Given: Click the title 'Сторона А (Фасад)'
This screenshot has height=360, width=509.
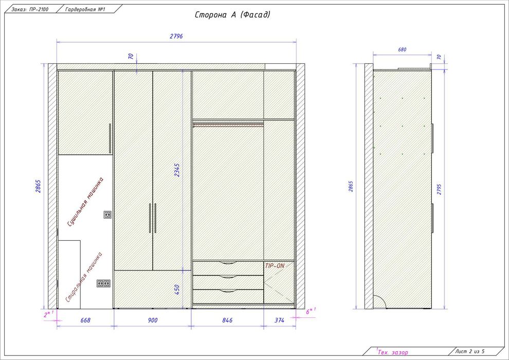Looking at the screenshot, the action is tap(232, 14).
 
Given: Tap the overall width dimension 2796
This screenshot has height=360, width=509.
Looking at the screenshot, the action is tap(176, 36).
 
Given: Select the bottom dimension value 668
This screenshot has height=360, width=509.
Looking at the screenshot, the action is tap(85, 320).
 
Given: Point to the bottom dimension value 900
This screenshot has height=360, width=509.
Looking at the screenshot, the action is tap(153, 320).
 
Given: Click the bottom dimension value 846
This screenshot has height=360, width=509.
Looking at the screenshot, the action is tap(227, 320).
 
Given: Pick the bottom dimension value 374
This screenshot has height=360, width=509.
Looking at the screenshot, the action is tap(279, 320).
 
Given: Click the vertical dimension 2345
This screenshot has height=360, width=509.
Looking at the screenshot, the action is tap(177, 170).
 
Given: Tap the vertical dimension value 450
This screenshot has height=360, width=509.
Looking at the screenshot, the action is tap(177, 290).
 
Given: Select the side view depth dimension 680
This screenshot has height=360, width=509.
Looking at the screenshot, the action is tap(402, 50).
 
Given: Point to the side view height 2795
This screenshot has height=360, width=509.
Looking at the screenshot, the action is tap(439, 189).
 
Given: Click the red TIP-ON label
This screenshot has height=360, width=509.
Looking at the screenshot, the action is tap(275, 266).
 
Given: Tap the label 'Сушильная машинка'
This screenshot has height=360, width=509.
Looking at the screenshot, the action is tap(85, 202).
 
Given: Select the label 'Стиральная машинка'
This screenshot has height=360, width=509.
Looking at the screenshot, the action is tap(84, 277).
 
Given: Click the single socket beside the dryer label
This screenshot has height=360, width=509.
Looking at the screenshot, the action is tap(107, 214).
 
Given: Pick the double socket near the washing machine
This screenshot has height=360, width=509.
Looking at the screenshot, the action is tap(103, 283).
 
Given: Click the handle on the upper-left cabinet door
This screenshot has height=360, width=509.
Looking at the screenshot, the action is tap(110, 138).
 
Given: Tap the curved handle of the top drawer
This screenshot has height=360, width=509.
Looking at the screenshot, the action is tap(228, 262).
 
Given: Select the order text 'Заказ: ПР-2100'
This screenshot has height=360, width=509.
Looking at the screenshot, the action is tap(30, 9).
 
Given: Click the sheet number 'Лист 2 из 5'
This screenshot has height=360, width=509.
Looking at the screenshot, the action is tap(470, 351).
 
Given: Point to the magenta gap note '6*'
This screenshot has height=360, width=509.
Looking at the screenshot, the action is tap(311, 311).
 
